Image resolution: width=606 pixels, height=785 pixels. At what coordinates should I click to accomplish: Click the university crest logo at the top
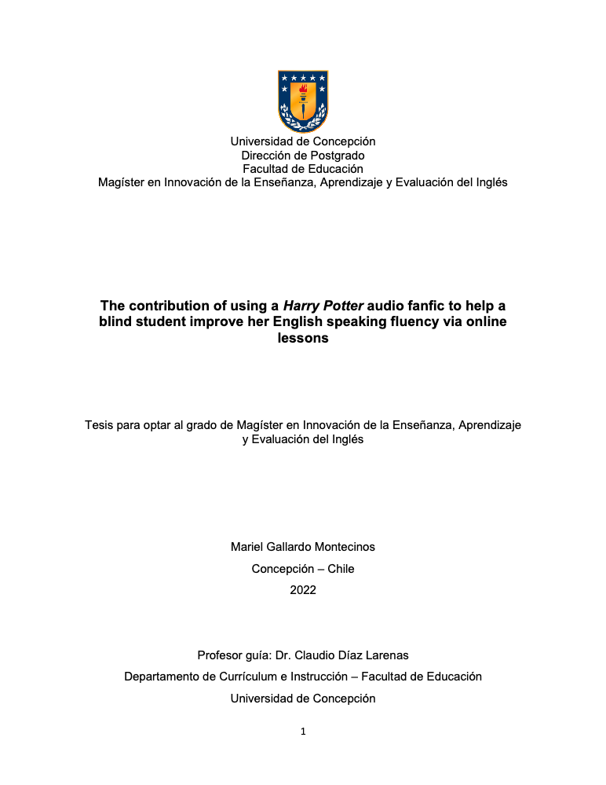point(303,101)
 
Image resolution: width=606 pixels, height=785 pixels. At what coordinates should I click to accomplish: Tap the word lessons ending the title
point(303,339)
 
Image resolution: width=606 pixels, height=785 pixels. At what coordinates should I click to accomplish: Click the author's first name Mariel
point(247,547)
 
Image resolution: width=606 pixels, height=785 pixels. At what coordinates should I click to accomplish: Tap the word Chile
point(341,569)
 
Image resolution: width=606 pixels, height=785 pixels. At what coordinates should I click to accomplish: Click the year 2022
point(303,590)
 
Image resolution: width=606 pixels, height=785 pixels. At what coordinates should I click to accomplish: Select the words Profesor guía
point(232,655)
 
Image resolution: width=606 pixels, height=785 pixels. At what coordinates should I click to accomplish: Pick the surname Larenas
point(387,655)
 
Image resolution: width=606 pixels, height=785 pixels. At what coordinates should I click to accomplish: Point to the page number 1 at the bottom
point(303,732)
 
